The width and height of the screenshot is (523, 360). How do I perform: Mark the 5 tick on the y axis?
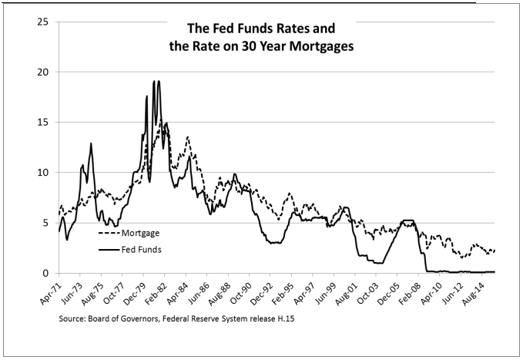point(47,223)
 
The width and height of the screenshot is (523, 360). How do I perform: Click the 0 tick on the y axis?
point(47,273)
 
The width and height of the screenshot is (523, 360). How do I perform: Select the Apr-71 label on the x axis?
point(50,291)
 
